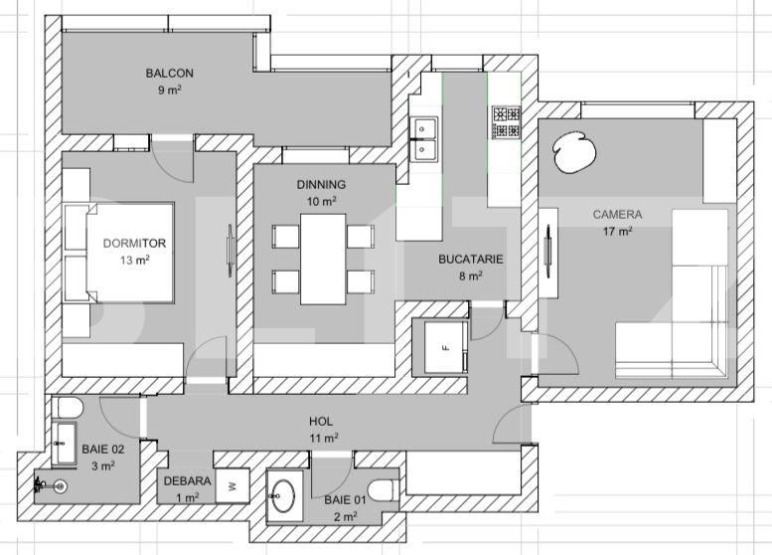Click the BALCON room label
click(x=169, y=73)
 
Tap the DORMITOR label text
click(x=134, y=243)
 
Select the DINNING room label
click(x=321, y=185)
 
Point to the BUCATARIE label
click(x=471, y=260)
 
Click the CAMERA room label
click(x=617, y=214)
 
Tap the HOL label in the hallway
click(x=321, y=421)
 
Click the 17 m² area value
click(x=617, y=232)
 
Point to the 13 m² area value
click(x=134, y=261)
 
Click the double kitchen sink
click(x=425, y=138)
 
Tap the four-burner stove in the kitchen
click(x=506, y=122)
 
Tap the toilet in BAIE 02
click(x=69, y=409)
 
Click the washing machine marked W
click(x=232, y=485)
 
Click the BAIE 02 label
click(x=97, y=449)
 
